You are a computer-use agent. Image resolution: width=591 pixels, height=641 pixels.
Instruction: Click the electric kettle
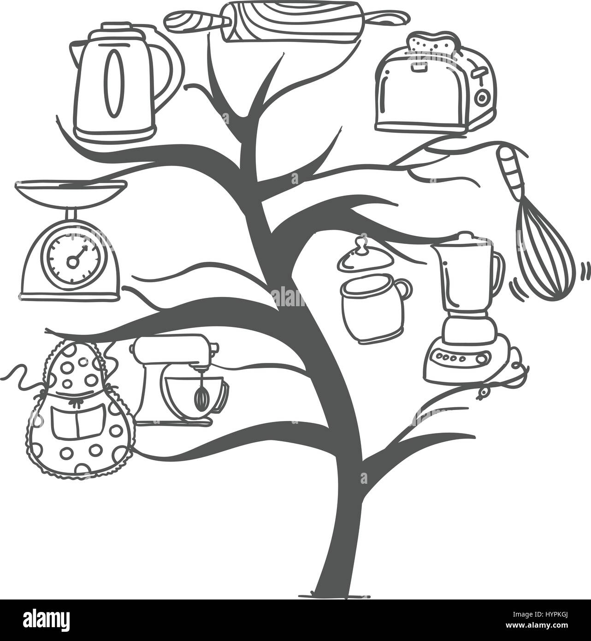tap(124, 83)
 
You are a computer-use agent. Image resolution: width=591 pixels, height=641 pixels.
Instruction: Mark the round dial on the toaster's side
tap(482, 97)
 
